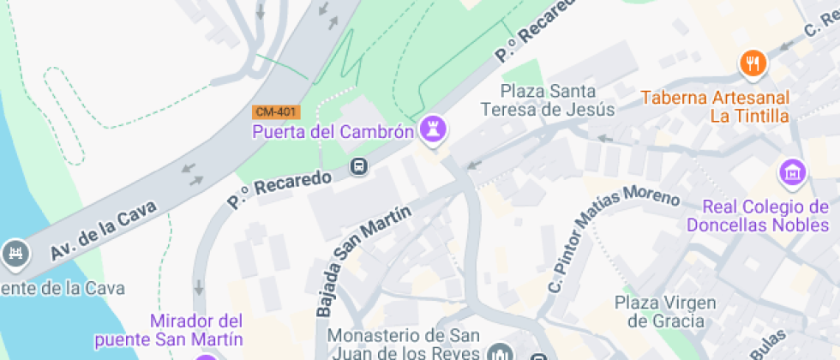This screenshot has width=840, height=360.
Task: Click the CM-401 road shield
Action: tap(276, 112)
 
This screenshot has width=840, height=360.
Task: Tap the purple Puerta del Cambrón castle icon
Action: tap(433, 130)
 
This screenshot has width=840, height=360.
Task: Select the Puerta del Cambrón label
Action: tap(333, 132)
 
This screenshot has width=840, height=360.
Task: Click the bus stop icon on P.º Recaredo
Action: tap(360, 166)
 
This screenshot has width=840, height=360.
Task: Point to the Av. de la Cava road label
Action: tap(103, 230)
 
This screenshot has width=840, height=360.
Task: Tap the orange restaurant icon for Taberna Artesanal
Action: tap(753, 62)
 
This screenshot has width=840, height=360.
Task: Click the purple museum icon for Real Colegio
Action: tap(792, 172)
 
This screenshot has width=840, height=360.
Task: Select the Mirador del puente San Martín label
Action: tap(196, 329)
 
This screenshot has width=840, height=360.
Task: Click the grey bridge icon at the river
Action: tap(15, 253)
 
